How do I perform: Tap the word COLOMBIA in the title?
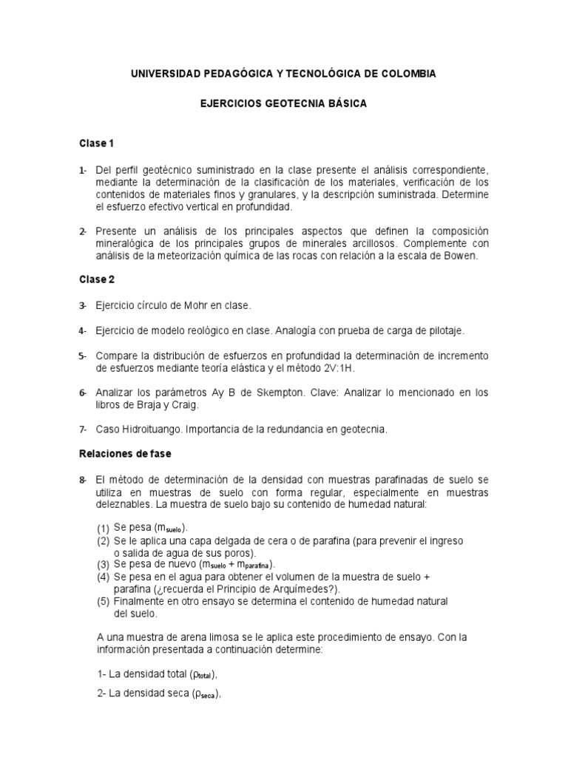(408, 74)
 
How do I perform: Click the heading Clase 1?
(96, 143)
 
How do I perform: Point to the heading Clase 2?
(96, 279)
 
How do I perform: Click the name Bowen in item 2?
(461, 256)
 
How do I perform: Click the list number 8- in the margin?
(84, 480)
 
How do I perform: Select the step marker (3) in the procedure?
(103, 565)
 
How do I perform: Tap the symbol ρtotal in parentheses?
(203, 674)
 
